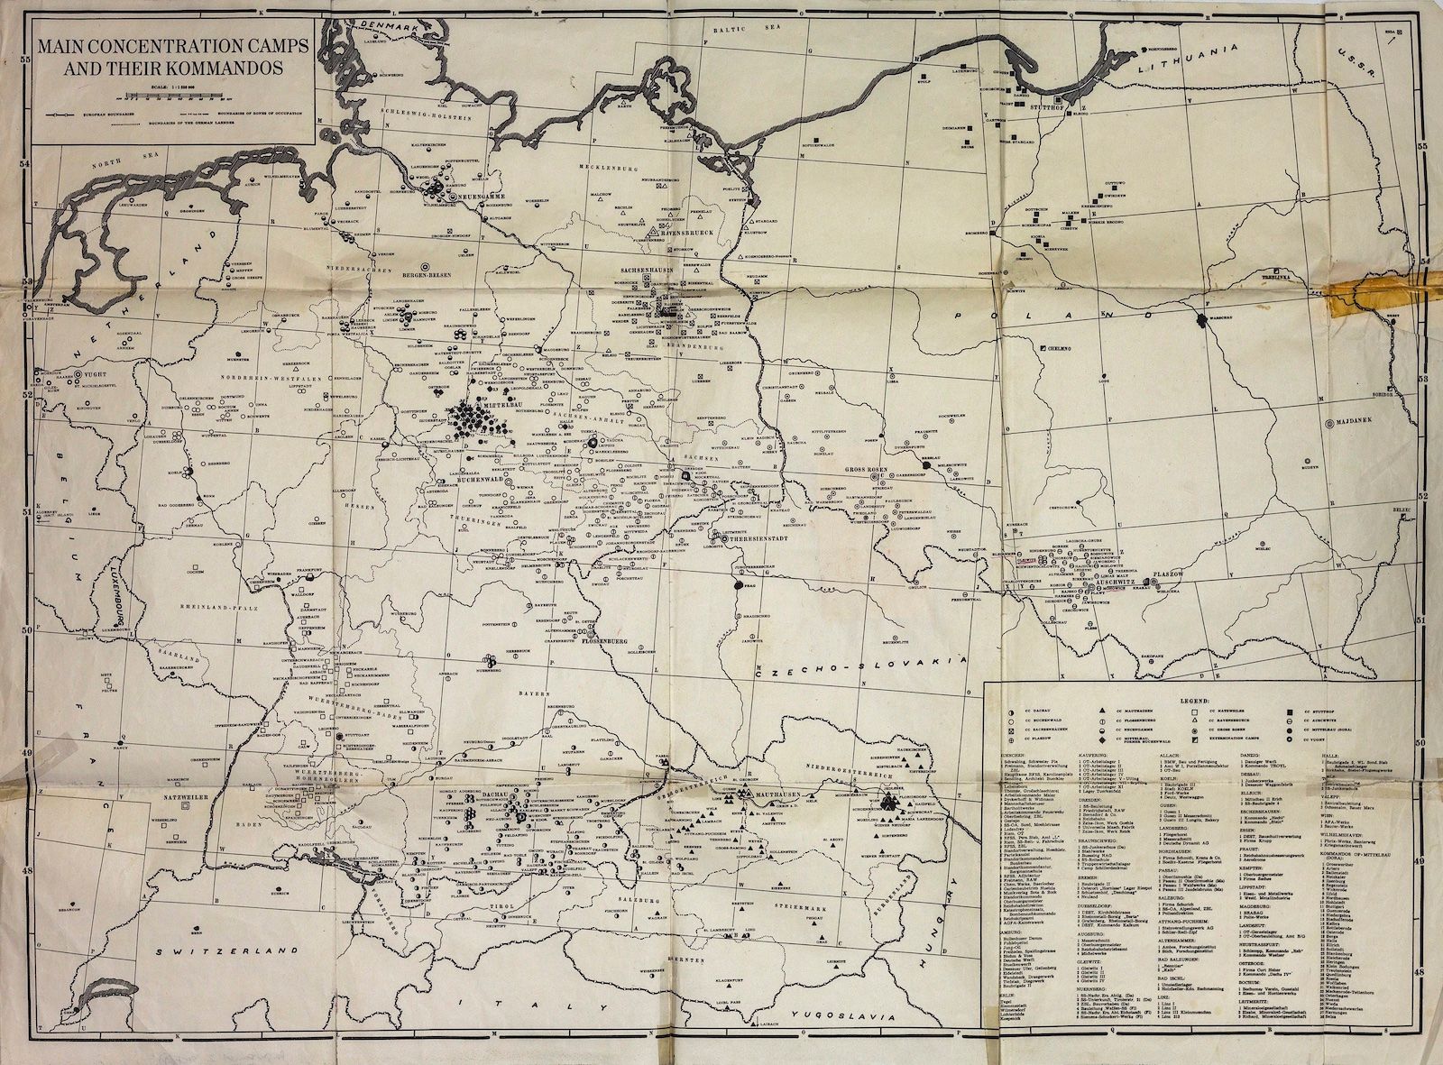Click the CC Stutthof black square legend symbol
click(x=1293, y=712)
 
